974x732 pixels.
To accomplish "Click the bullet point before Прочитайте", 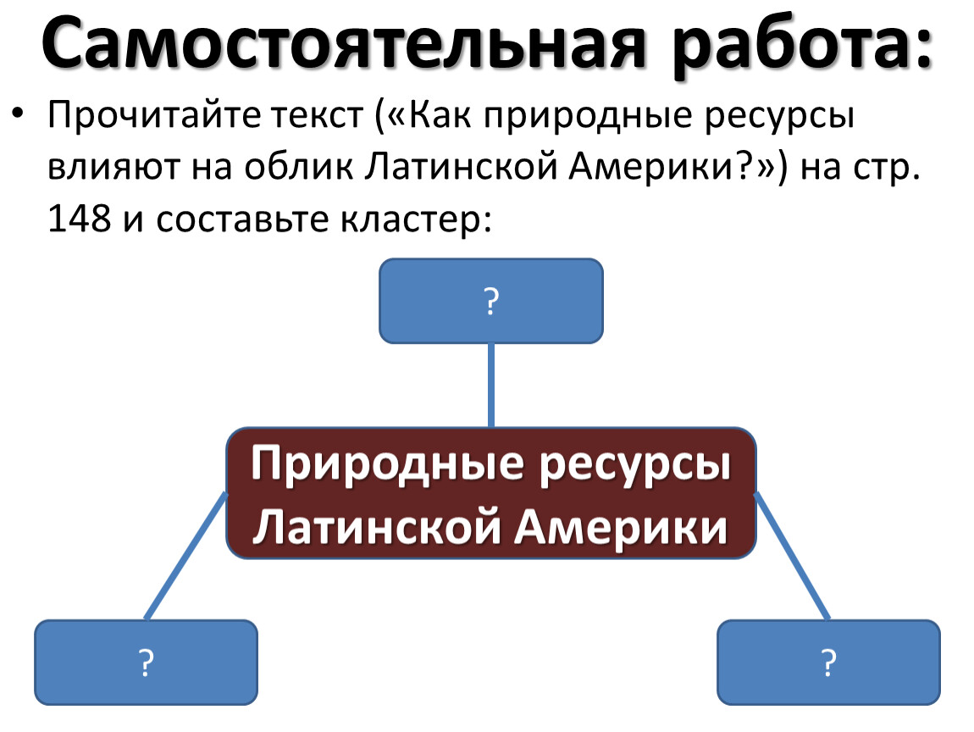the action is tap(19, 113).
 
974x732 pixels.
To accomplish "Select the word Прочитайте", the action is tap(152, 116).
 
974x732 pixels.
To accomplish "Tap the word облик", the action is tap(298, 168).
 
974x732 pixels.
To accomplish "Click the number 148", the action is tap(79, 219).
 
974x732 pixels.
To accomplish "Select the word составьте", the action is tap(241, 220).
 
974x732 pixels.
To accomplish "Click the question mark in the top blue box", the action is tap(491, 302).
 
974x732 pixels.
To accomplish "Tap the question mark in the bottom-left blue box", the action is tap(146, 663).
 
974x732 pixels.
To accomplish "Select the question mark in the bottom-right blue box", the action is tap(828, 663).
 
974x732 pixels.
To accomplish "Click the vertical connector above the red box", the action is tap(491, 385).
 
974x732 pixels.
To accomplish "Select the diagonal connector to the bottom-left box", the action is tap(185, 556).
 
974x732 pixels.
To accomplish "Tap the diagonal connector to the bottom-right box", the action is tap(792, 556).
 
